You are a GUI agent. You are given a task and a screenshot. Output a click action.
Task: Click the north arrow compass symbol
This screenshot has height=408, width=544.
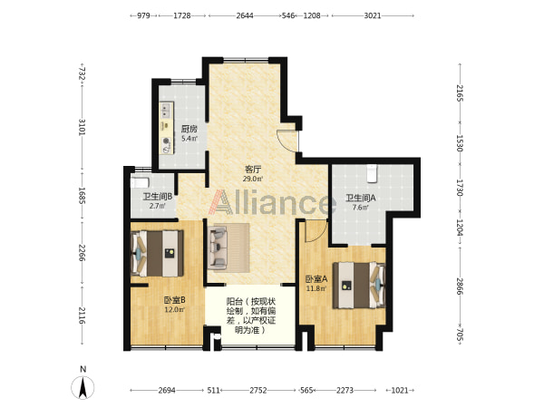tap(83, 387)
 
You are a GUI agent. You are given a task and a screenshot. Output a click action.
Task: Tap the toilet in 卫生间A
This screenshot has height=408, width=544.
tap(372, 173)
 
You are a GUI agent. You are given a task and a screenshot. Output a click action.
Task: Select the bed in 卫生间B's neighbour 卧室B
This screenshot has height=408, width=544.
tap(157, 254)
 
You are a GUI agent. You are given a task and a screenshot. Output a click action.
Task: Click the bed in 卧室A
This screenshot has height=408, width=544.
tap(359, 286)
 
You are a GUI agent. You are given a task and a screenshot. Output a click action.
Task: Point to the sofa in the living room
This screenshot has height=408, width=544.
tap(218, 247)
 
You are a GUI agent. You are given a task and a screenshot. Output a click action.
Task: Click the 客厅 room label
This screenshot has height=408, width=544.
tap(253, 170)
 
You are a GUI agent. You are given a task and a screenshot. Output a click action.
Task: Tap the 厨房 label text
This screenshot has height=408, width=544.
tap(189, 129)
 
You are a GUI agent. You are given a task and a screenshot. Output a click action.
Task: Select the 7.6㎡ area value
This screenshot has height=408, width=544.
tap(361, 208)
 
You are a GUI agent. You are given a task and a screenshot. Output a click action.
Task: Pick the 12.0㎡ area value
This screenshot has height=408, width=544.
tap(174, 309)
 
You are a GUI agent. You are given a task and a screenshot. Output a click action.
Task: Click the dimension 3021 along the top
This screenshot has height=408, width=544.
tap(373, 15)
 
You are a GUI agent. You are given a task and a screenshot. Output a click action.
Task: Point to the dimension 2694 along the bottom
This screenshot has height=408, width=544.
tap(167, 390)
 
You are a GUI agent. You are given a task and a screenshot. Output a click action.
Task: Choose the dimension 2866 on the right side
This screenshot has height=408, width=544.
tap(460, 287)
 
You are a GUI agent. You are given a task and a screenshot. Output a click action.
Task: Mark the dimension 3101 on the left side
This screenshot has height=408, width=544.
tap(82, 127)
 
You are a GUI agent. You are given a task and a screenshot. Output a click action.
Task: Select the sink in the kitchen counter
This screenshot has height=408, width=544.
tap(166, 110)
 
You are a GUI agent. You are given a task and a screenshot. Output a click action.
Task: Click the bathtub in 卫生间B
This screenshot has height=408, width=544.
tap(140, 182)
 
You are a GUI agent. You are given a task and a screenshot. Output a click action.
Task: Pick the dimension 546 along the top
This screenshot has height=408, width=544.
tap(288, 15)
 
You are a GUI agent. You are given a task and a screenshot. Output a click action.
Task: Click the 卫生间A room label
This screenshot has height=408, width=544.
tap(361, 198)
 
